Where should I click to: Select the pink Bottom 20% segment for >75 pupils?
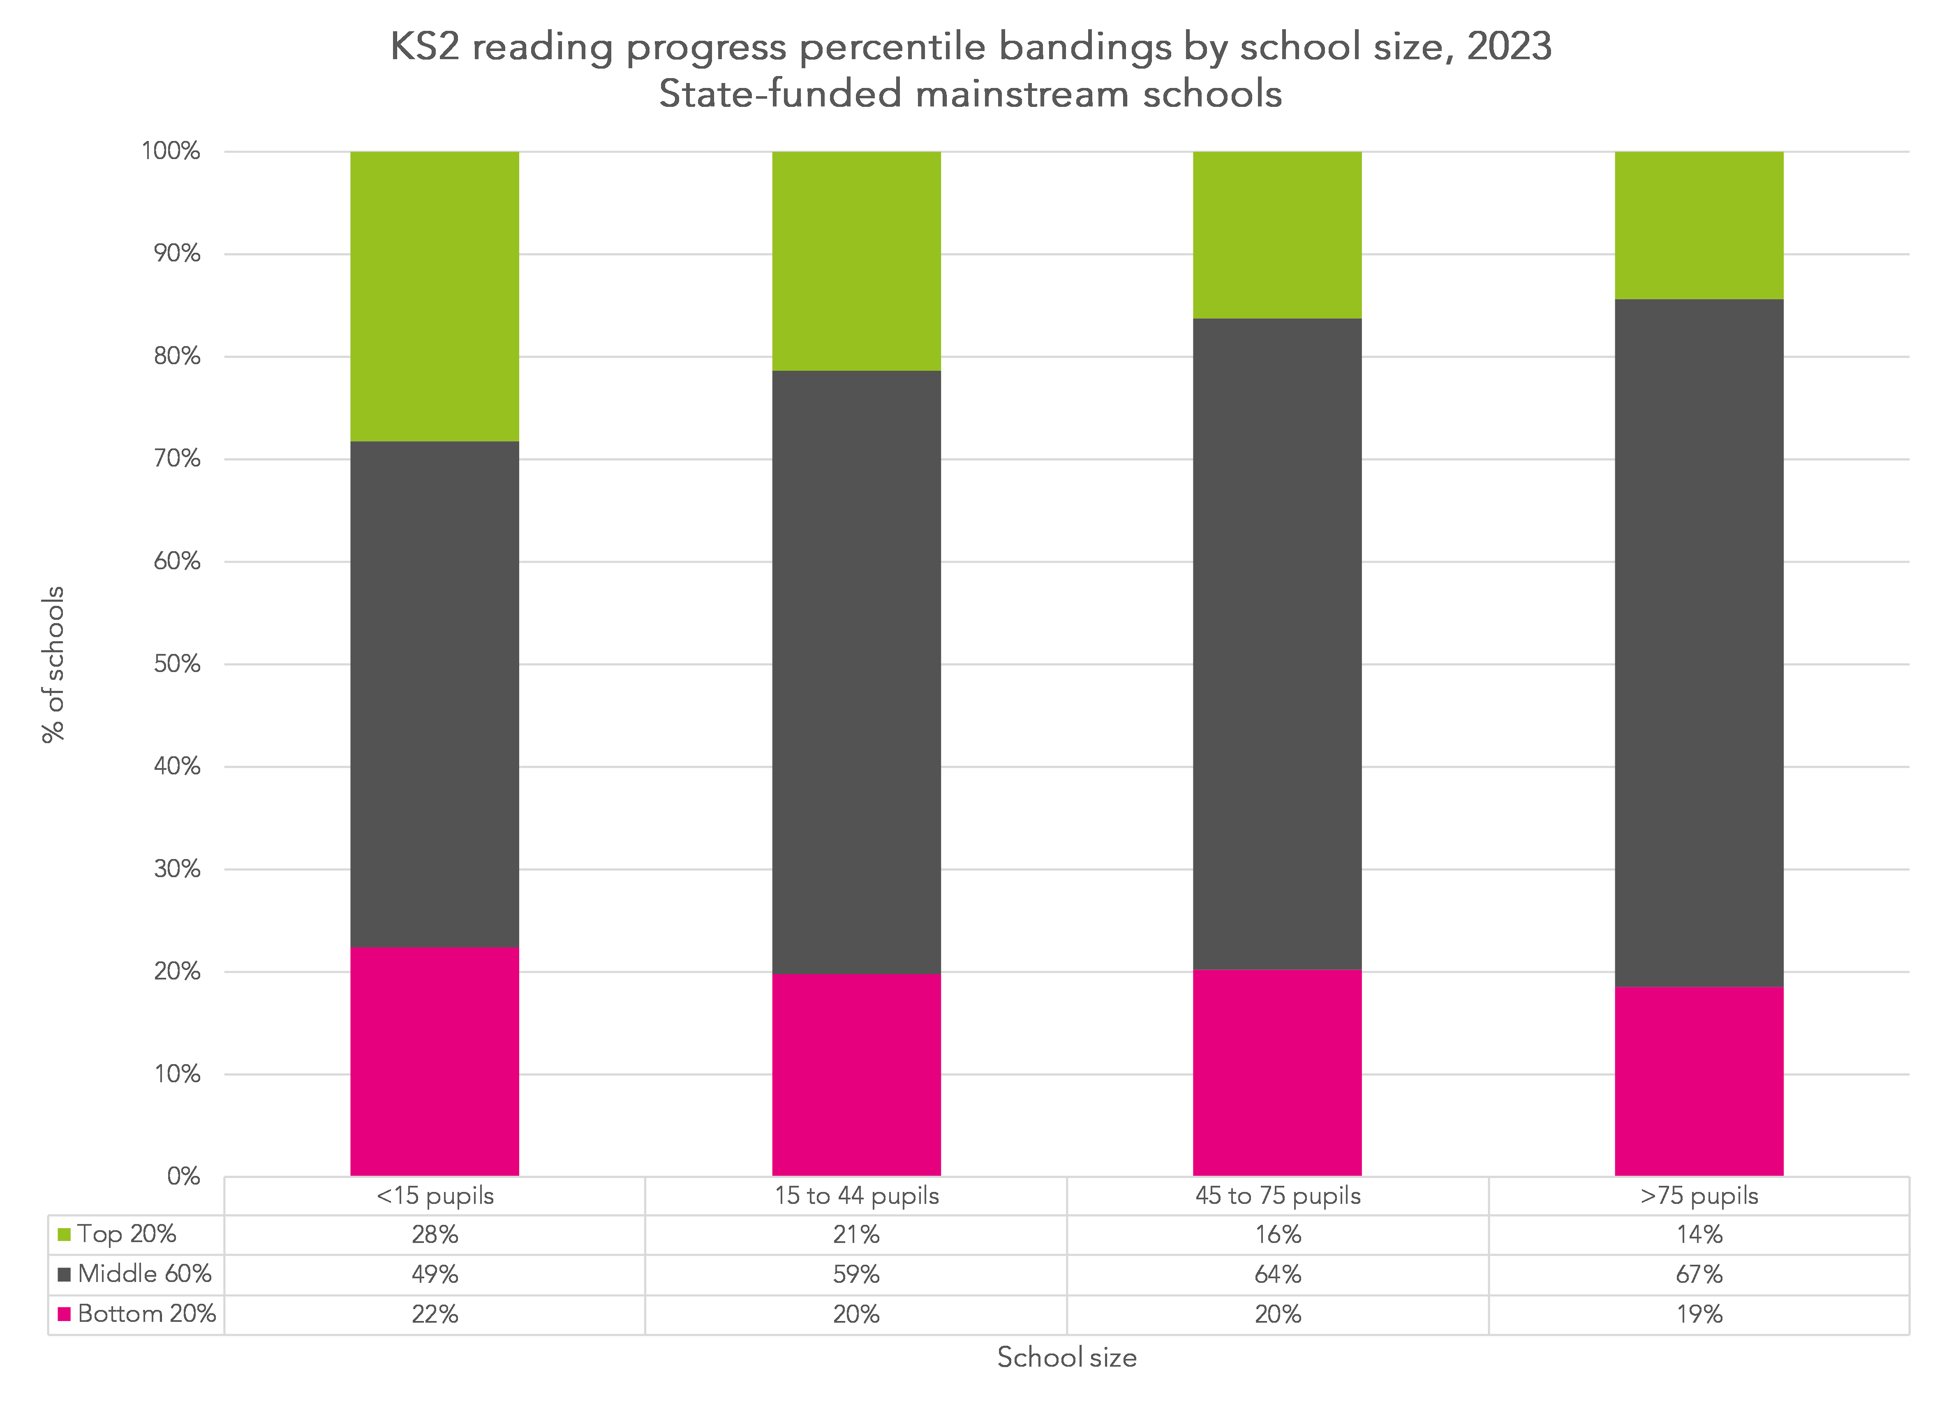point(1699,1081)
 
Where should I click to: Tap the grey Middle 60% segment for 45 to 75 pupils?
point(1277,644)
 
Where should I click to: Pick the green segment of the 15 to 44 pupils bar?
point(856,261)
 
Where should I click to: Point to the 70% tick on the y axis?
point(177,459)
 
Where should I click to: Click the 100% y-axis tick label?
point(170,152)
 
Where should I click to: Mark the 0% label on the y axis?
point(183,1176)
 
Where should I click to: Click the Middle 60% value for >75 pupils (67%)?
point(1699,1275)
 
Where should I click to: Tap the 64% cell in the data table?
point(1277,1275)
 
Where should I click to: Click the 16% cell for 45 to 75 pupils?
point(1277,1234)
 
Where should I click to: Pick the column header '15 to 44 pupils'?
point(856,1196)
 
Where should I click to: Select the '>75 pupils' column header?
point(1699,1196)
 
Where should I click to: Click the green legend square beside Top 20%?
point(63,1234)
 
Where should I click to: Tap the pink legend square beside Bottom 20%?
point(63,1314)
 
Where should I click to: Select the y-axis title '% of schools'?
point(53,664)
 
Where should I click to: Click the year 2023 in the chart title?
point(1509,46)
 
